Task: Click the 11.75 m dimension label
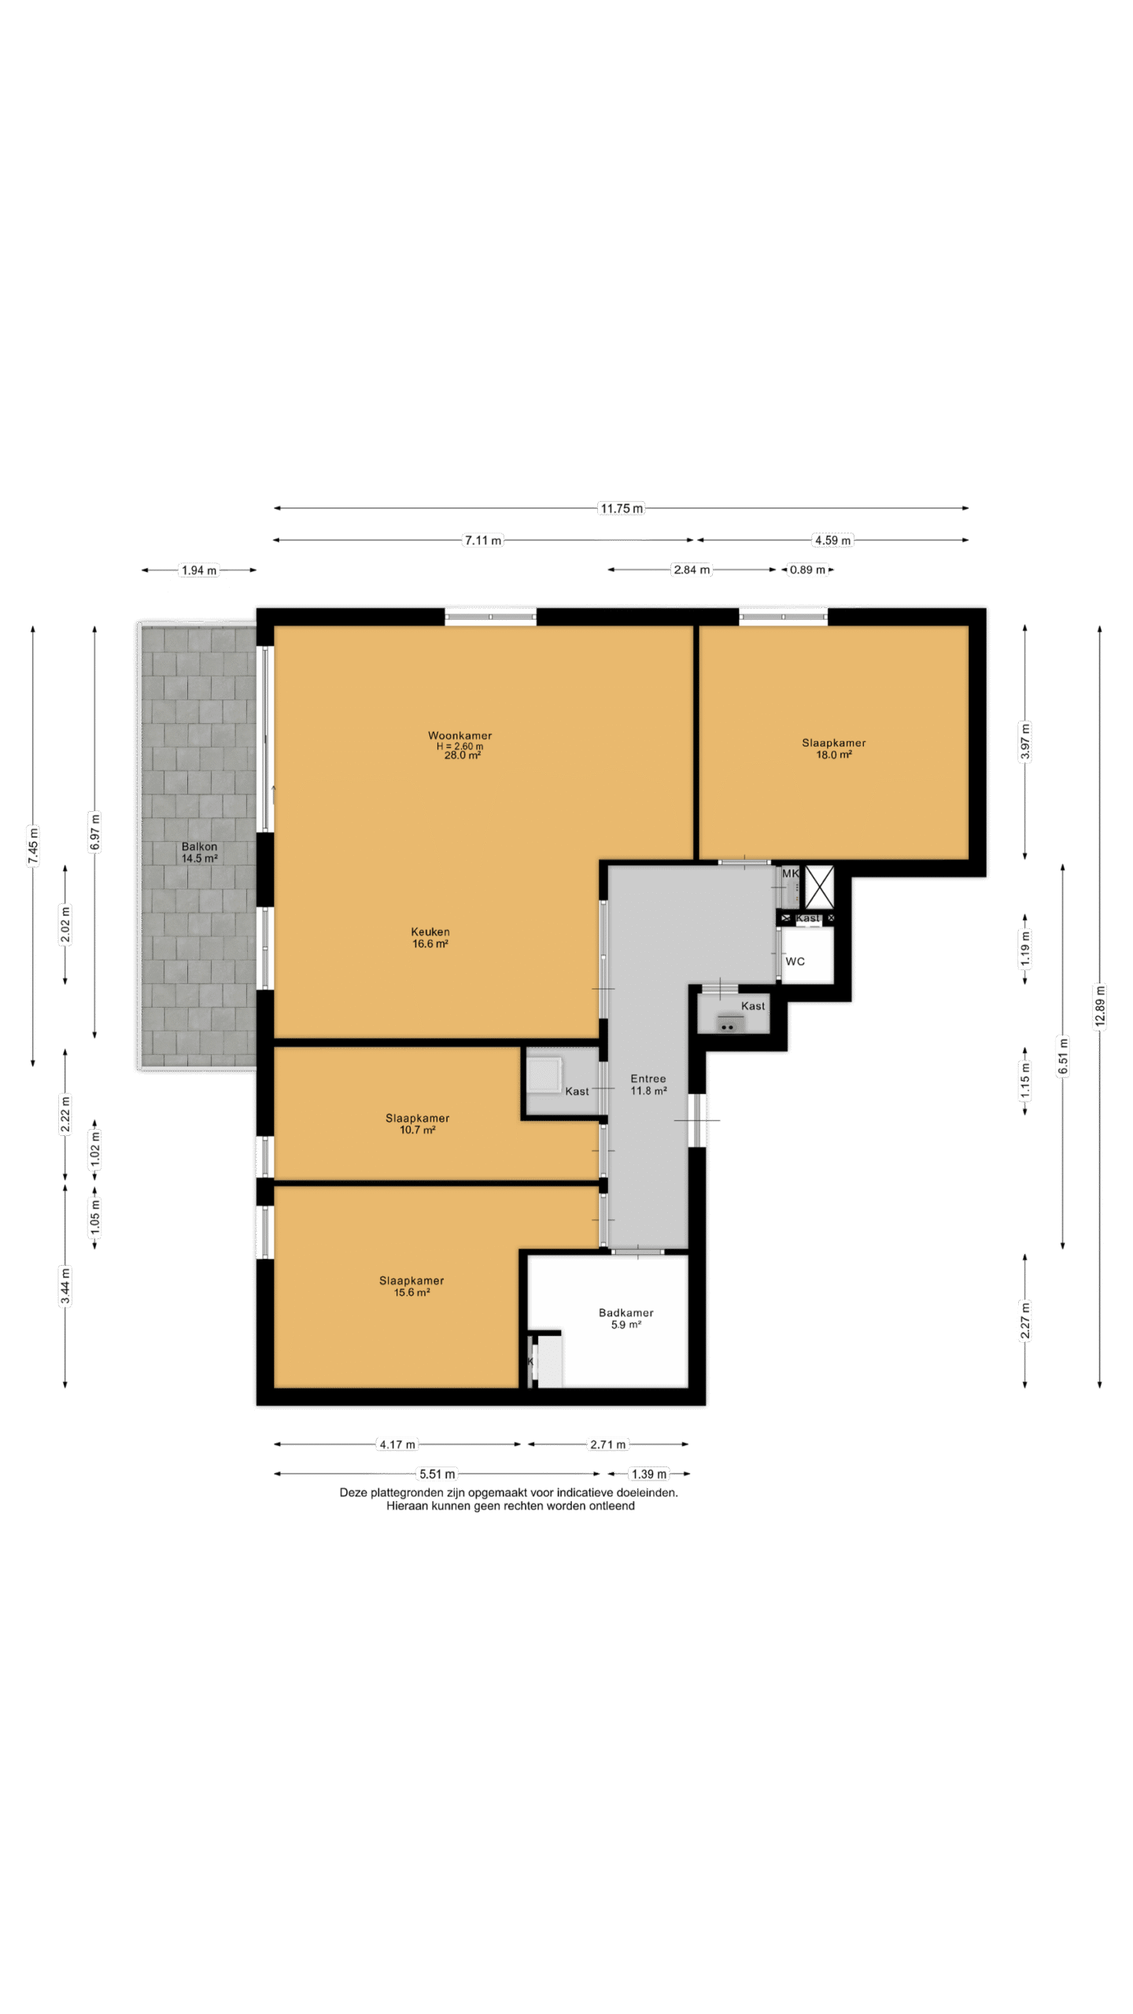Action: click(622, 508)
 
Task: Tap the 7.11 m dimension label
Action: click(483, 540)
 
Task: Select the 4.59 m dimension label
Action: click(832, 540)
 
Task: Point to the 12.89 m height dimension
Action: click(1100, 1006)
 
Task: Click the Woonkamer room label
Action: click(460, 736)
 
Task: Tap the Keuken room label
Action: click(430, 931)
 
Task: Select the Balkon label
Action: click(199, 847)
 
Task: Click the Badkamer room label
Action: click(626, 1312)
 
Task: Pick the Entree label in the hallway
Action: click(648, 1079)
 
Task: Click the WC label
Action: click(795, 961)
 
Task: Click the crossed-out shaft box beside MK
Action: click(819, 887)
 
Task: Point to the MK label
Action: click(790, 873)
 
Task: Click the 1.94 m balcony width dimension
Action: click(199, 570)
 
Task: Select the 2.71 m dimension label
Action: click(608, 1444)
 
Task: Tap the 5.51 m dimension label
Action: click(437, 1474)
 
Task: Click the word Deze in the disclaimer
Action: click(352, 1492)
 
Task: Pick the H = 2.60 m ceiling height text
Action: click(460, 746)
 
